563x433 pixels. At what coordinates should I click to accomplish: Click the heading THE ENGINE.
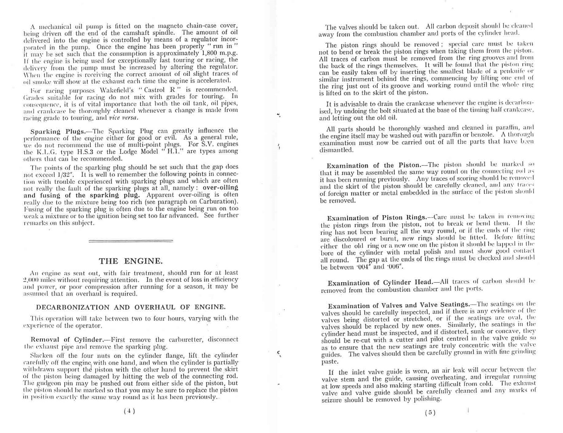(131, 261)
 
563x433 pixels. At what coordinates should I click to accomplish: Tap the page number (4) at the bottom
(129, 411)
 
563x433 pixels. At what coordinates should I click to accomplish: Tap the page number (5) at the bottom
(430, 413)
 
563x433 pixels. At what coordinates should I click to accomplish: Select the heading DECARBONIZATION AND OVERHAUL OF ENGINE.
(131, 307)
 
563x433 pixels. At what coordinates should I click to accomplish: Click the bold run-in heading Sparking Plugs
(58, 132)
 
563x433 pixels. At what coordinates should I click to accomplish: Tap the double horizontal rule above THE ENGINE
(131, 241)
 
